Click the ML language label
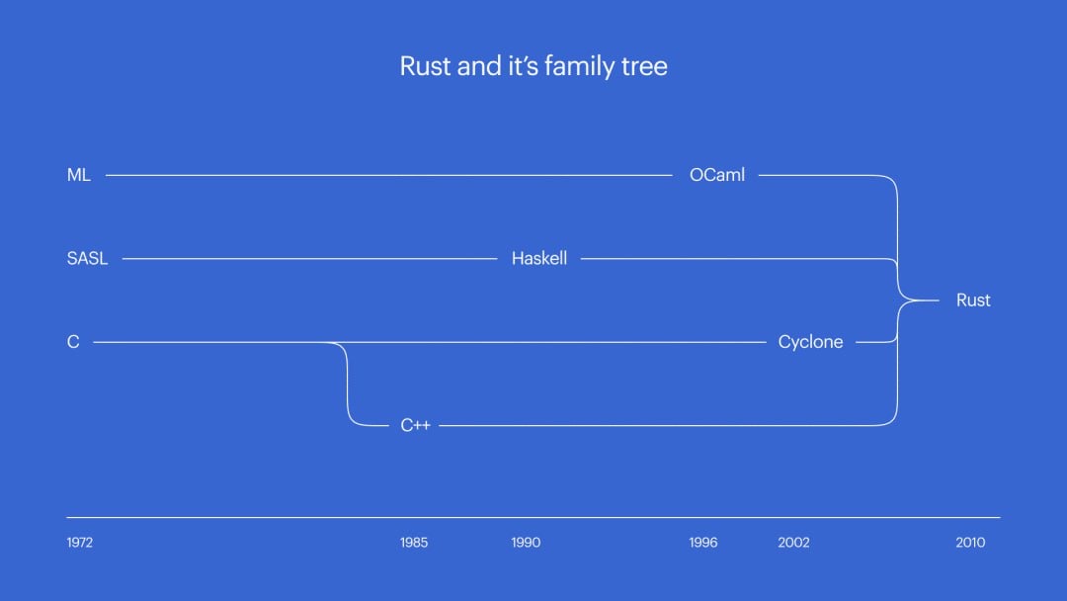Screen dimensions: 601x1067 point(79,175)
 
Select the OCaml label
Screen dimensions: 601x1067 point(717,175)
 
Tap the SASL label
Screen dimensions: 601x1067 point(87,259)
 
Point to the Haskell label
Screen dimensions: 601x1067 point(539,259)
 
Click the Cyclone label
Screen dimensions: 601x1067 point(810,342)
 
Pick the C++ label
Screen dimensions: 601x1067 point(415,426)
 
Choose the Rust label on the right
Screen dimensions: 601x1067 point(973,300)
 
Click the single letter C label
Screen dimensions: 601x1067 point(73,342)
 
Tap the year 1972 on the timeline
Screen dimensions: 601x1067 point(80,543)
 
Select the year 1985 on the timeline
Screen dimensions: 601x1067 point(414,543)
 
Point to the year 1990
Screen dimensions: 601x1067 point(526,543)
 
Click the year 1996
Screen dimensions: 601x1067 point(703,543)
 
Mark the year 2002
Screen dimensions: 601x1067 point(792,543)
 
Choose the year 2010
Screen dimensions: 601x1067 point(970,543)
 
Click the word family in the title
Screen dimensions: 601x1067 point(581,67)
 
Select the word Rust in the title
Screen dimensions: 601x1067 point(425,67)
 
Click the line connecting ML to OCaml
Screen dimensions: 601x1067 point(385,175)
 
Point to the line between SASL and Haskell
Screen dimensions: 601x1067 point(306,259)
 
